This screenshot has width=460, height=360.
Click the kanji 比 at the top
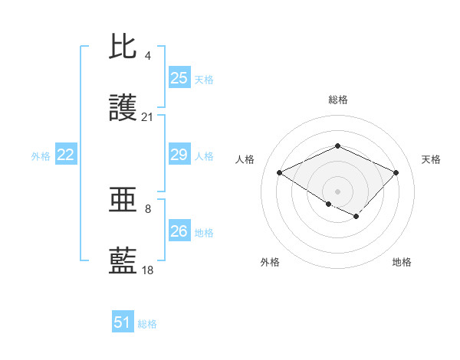click(x=123, y=47)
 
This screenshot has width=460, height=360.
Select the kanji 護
click(x=123, y=109)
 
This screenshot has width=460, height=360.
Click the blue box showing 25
click(x=179, y=78)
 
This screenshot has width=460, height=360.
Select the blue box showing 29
click(x=179, y=155)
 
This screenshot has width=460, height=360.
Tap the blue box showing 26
click(x=179, y=231)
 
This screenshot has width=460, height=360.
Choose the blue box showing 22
click(x=66, y=155)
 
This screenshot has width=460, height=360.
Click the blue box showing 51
click(x=123, y=323)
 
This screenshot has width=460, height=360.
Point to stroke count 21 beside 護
click(x=148, y=117)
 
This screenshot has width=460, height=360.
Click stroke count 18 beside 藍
click(x=148, y=270)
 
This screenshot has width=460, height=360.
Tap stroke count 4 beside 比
click(x=148, y=55)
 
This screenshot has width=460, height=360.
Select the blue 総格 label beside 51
click(x=147, y=324)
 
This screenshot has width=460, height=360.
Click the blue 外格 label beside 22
click(x=41, y=156)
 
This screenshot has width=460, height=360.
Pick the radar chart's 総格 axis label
click(x=338, y=100)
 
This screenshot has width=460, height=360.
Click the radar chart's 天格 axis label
click(x=431, y=159)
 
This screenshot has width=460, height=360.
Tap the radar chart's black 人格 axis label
click(x=245, y=159)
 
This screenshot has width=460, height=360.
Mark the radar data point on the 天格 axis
click(x=396, y=172)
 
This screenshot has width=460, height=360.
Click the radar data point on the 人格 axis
click(x=280, y=172)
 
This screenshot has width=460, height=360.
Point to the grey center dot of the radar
click(x=337, y=191)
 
